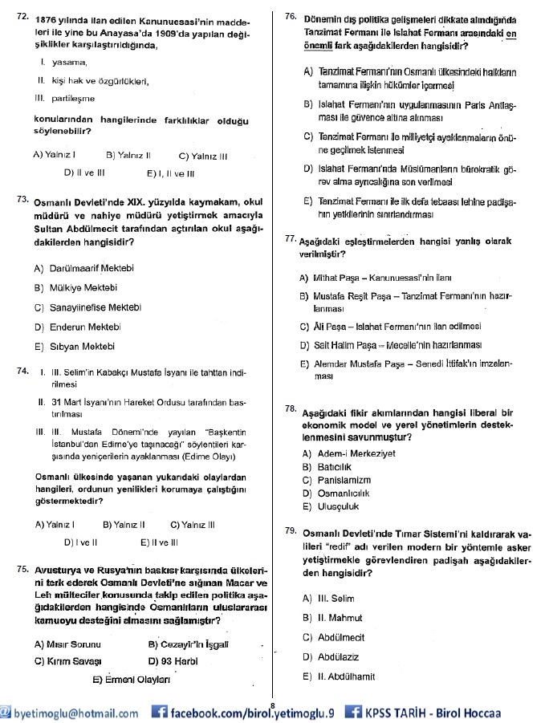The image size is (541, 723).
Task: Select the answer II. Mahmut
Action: click(x=340, y=618)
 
